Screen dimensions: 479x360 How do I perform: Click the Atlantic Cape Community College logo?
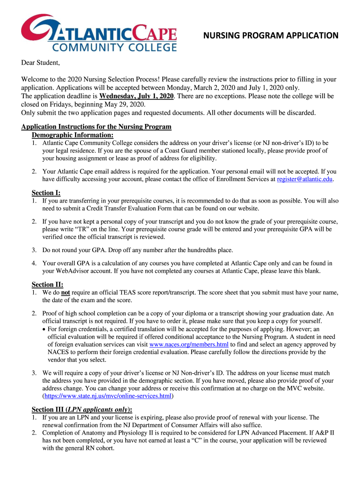tap(99, 33)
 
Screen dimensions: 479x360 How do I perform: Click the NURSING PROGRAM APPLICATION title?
tap(270, 36)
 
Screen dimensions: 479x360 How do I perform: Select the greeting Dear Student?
tap(41, 63)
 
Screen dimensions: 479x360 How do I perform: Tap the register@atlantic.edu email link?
tap(305, 179)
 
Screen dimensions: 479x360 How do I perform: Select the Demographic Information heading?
tap(72, 135)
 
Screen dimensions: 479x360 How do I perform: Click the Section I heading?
tap(46, 193)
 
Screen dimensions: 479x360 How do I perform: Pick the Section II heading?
tap(47, 284)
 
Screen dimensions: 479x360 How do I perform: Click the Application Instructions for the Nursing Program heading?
tap(96, 127)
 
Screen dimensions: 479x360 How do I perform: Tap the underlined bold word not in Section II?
tap(66, 292)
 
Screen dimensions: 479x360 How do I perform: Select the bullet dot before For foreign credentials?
tap(44, 329)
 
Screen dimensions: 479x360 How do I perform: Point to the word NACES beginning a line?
tap(59, 352)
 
